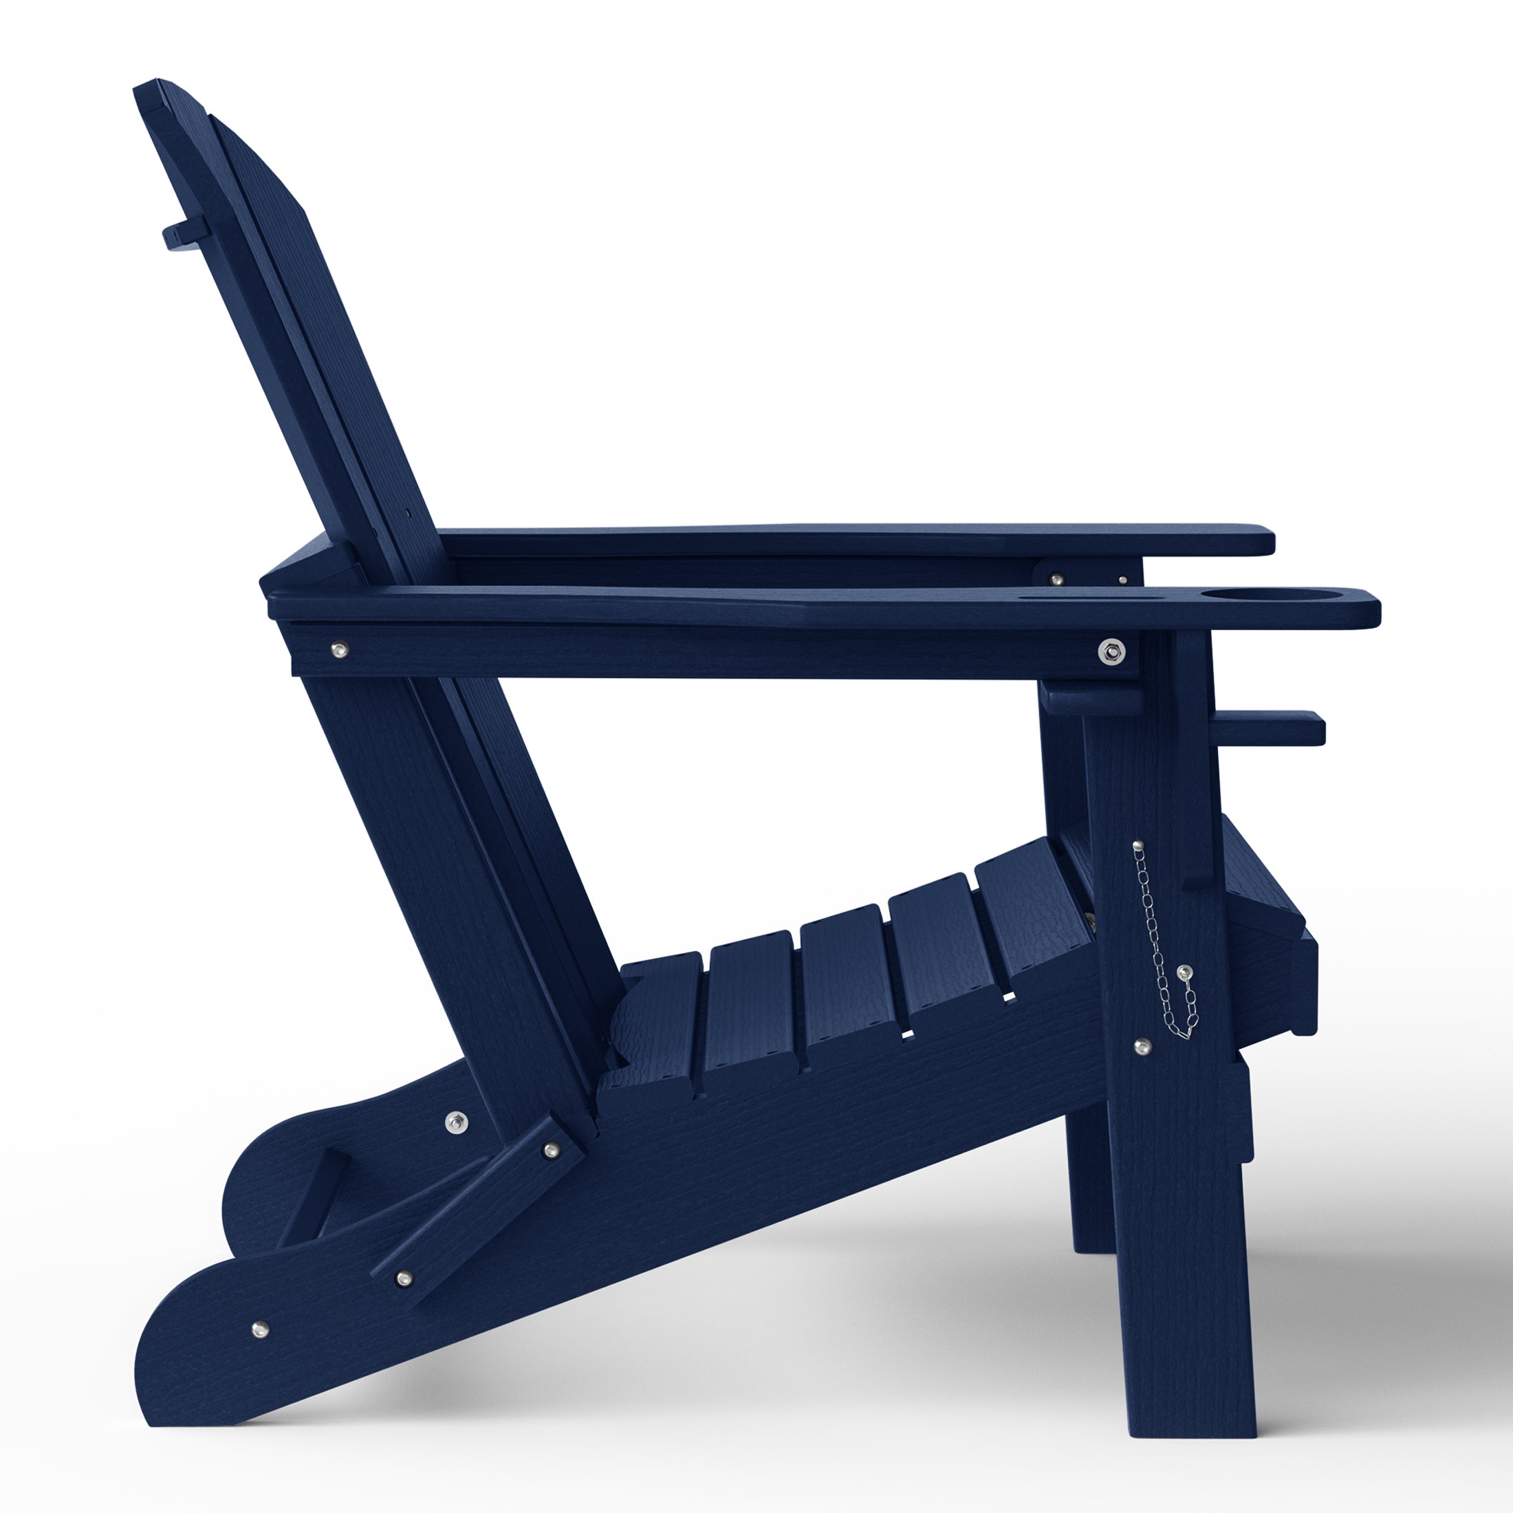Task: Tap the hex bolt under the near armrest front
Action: [1111, 650]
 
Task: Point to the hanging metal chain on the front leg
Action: [1165, 948]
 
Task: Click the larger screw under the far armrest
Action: [1057, 580]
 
